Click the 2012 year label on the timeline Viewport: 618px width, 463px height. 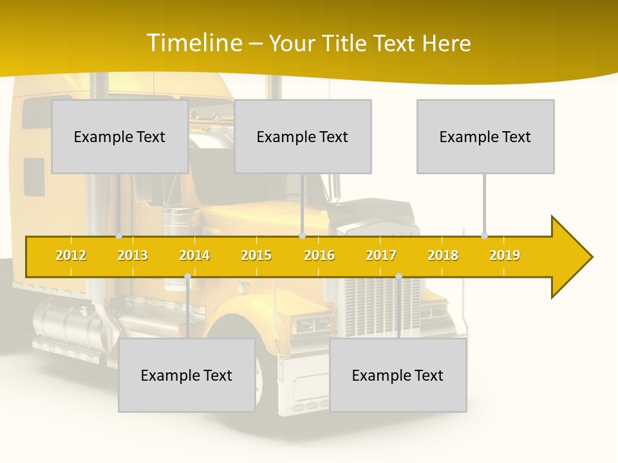coord(71,255)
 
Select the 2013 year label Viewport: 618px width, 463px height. coord(133,255)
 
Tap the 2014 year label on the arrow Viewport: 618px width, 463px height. coord(194,255)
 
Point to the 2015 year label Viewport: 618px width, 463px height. coord(256,255)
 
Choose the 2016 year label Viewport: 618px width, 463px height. coord(319,255)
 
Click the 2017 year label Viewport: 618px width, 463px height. coord(381,255)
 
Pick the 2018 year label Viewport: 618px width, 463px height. coord(443,255)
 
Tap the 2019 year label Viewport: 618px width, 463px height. coord(505,255)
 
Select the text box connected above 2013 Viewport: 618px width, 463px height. coord(120,136)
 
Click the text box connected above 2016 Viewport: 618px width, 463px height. coord(303,136)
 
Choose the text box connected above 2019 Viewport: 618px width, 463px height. coord(485,136)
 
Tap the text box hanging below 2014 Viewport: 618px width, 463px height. coord(187,375)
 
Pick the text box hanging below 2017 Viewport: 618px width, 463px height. coord(398,375)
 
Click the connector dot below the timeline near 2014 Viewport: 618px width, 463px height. coord(187,276)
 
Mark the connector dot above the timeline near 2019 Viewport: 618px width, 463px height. coord(484,235)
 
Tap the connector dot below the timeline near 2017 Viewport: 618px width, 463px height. coord(398,276)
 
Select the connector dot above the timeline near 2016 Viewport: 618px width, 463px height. coord(302,235)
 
